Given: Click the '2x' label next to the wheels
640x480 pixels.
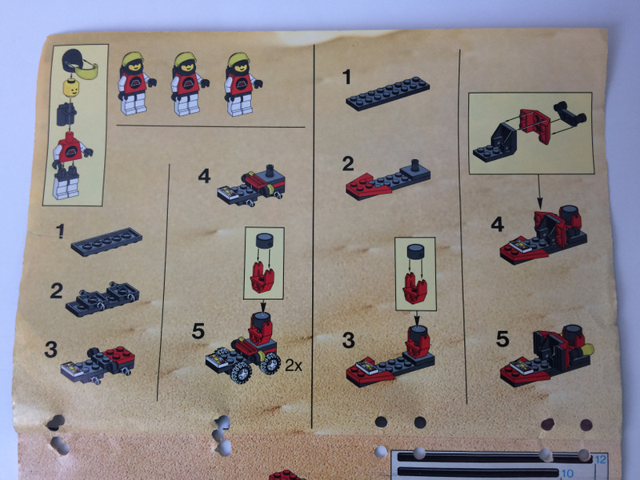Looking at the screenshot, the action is (293, 366).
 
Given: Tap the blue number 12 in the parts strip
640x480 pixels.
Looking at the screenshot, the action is (601, 460).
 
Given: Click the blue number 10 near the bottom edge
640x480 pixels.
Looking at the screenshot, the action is (567, 474).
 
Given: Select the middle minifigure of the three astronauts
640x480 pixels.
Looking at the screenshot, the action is (188, 84).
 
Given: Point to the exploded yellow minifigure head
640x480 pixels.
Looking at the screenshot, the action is (70, 88).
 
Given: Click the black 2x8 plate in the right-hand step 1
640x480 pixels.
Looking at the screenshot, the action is (387, 94).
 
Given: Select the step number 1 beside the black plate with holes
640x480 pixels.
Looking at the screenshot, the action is (61, 231).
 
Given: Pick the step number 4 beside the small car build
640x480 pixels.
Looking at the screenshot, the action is (204, 176).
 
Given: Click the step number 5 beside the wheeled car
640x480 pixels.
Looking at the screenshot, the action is (198, 330).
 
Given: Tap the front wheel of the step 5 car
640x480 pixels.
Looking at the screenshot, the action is (242, 371).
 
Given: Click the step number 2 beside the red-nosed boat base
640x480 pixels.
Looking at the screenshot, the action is (348, 164).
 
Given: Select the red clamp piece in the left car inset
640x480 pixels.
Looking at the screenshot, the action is (262, 278).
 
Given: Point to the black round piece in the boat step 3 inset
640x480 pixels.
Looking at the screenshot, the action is (415, 251).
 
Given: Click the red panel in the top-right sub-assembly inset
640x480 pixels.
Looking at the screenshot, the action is (535, 125).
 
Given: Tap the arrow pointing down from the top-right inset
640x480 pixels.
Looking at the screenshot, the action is (539, 192).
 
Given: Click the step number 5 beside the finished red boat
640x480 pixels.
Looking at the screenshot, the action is (502, 339).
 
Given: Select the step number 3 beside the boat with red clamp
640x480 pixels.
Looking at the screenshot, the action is (348, 340).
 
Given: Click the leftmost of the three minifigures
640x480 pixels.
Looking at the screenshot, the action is (135, 84).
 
